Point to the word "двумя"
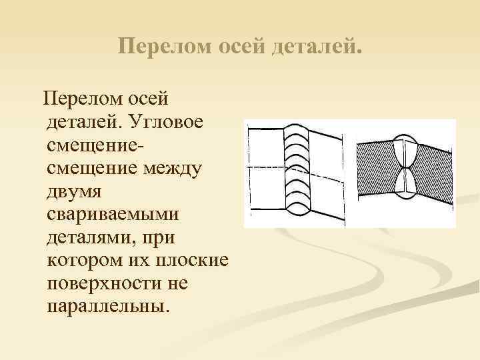pos(74,192)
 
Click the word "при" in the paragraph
pos(157,238)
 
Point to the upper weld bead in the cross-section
pos(406,153)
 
